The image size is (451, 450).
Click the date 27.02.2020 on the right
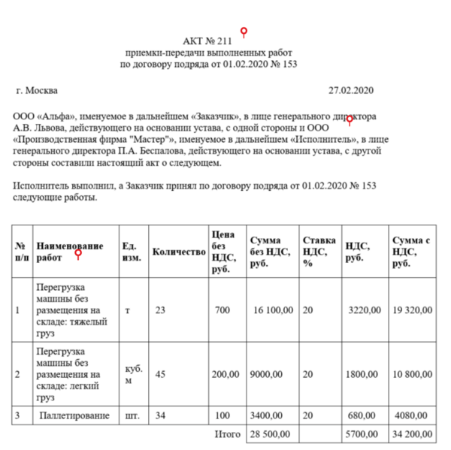pyautogui.click(x=351, y=91)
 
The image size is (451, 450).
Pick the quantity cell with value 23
pyautogui.click(x=160, y=310)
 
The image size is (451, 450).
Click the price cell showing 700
pyautogui.click(x=222, y=310)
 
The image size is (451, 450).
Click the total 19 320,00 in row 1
pyautogui.click(x=413, y=310)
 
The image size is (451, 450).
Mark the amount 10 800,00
pyautogui.click(x=413, y=373)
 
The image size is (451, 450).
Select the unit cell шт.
pyautogui.click(x=130, y=415)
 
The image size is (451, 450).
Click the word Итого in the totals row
pyautogui.click(x=228, y=434)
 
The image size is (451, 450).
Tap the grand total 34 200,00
pyautogui.click(x=413, y=434)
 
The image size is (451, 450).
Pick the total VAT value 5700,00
pyautogui.click(x=365, y=434)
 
